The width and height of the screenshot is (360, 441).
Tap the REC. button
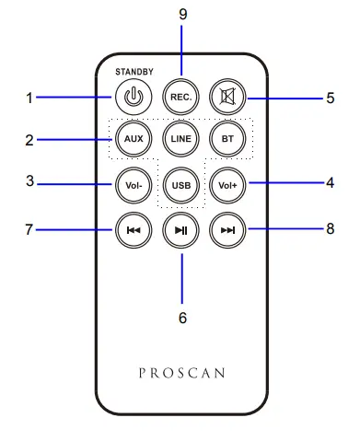click(180, 96)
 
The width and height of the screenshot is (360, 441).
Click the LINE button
click(180, 138)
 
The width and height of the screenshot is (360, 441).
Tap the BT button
click(227, 138)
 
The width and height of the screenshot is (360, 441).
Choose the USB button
click(180, 185)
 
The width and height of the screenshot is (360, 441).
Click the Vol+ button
click(227, 184)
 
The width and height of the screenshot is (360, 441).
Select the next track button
click(227, 229)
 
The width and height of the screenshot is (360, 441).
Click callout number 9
click(181, 14)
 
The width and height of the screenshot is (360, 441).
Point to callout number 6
click(181, 316)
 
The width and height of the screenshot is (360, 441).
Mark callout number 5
click(330, 98)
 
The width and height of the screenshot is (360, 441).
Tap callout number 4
click(330, 182)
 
